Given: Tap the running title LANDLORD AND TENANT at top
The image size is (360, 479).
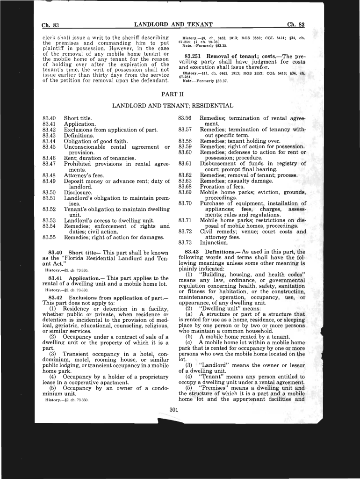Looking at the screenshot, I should click(173, 24).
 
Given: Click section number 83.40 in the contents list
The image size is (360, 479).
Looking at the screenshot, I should click(49, 119).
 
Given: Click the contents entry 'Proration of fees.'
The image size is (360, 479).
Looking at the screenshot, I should click(222, 187).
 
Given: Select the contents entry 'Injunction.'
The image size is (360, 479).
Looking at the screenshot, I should click(214, 243).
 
